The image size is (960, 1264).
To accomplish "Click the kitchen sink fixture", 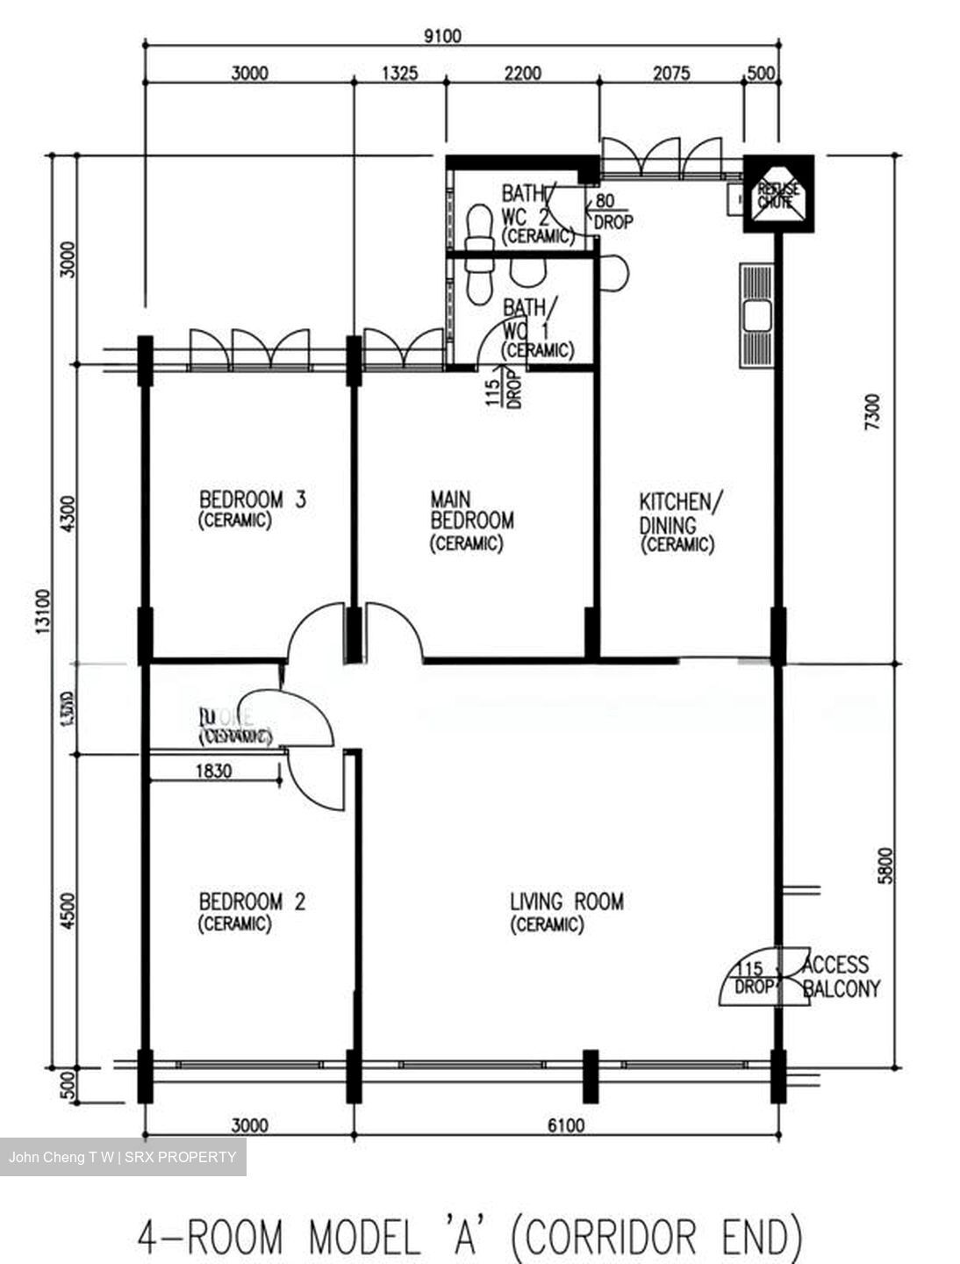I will click(x=756, y=315).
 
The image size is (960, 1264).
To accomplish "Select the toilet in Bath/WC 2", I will click(x=479, y=228).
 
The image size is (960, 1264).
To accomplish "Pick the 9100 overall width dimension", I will click(x=441, y=36).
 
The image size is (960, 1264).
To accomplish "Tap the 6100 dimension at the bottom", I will click(x=565, y=1124).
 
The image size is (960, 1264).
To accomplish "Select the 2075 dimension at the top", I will click(x=671, y=73).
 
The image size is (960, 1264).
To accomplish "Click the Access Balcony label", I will click(x=840, y=976).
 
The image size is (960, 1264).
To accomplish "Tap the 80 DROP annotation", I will click(x=613, y=212).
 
